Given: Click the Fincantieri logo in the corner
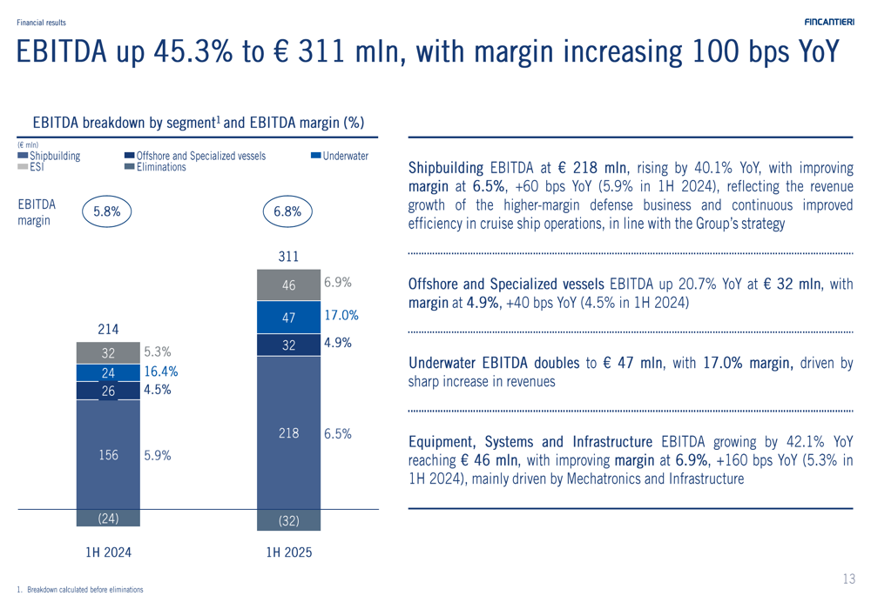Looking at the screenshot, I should pos(828,22).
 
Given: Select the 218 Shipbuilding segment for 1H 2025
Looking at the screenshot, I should pos(288,432).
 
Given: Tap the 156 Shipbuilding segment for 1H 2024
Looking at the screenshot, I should pos(108,454).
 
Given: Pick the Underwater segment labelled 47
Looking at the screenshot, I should pos(288,318).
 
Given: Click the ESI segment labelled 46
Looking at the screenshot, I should pos(288,285).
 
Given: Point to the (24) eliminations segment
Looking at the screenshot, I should pos(108,518).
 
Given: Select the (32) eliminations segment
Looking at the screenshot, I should pos(288,520).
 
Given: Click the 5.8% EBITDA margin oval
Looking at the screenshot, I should pos(107,211).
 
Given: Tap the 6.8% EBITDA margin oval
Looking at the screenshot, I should pos(287,211).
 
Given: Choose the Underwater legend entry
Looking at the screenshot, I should pos(340,156).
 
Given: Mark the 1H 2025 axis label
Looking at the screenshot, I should pos(288,552).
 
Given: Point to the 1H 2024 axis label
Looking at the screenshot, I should pos(108,552).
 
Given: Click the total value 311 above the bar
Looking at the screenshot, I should pos(288,256).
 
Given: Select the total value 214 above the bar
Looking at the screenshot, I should pos(108,329).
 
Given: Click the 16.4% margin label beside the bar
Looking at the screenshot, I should pos(161,371).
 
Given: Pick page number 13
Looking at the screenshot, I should pos(849,579).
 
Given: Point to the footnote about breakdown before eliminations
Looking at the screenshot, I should pos(84,589).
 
